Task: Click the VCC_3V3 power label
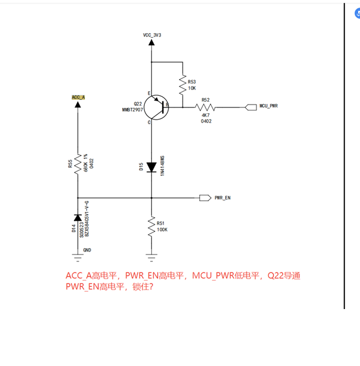pos(152,35)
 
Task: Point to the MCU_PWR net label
pos(268,106)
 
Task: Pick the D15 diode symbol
pos(152,167)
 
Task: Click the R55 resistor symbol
pos(78,166)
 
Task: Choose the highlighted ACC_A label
pos(78,97)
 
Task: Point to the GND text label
pos(87,250)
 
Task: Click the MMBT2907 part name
pos(132,110)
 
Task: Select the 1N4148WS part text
pos(163,166)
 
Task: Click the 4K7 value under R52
pos(206,115)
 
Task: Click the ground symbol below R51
pos(152,255)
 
